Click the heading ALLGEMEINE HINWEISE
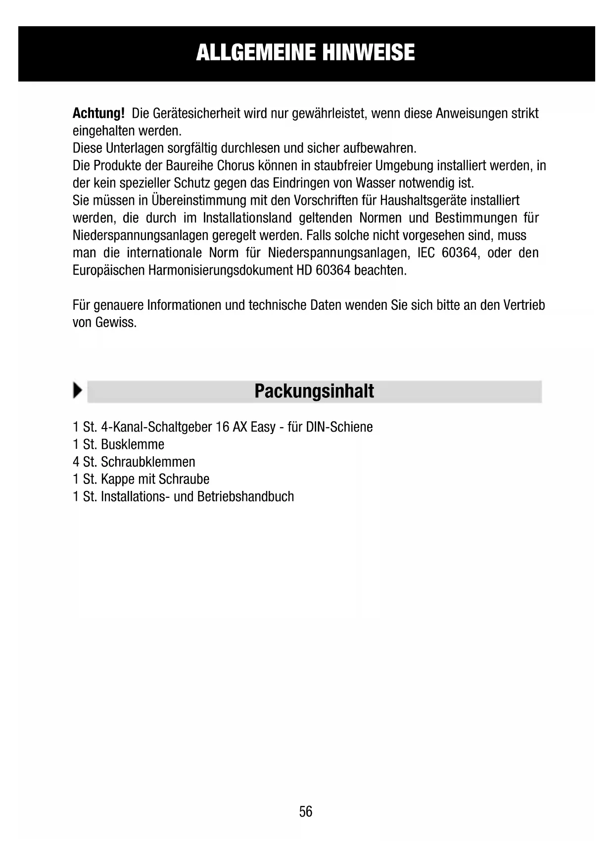pos(305,52)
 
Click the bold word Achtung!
pos(98,113)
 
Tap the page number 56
pos(306,812)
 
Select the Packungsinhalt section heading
pos(314,391)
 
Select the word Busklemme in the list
pos(133,444)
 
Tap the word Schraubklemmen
pos(148,462)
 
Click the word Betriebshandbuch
pos(245,496)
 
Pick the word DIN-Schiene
pos(339,427)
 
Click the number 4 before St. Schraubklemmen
pos(76,462)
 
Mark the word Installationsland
pos(247,218)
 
